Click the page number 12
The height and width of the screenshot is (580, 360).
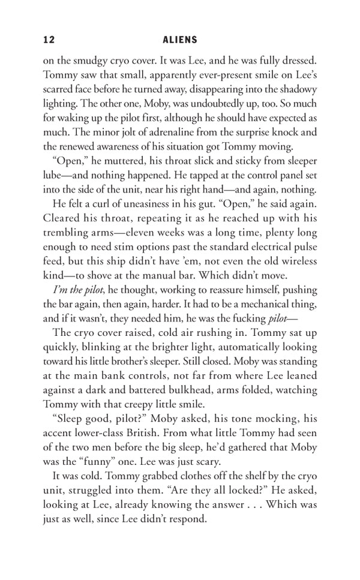click(49, 40)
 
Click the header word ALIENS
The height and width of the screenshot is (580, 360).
click(180, 40)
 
